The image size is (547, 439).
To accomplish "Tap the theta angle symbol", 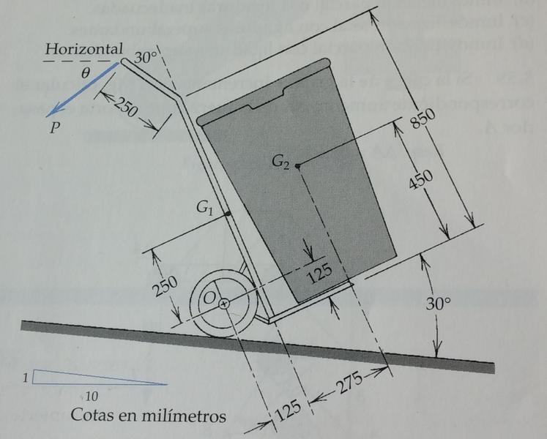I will (x=86, y=73).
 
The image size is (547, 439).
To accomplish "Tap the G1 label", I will (x=206, y=209).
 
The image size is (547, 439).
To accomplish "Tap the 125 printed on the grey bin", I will (x=319, y=274).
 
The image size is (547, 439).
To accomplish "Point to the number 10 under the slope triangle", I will (x=92, y=396).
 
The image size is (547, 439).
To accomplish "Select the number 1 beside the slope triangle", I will (x=25, y=378).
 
